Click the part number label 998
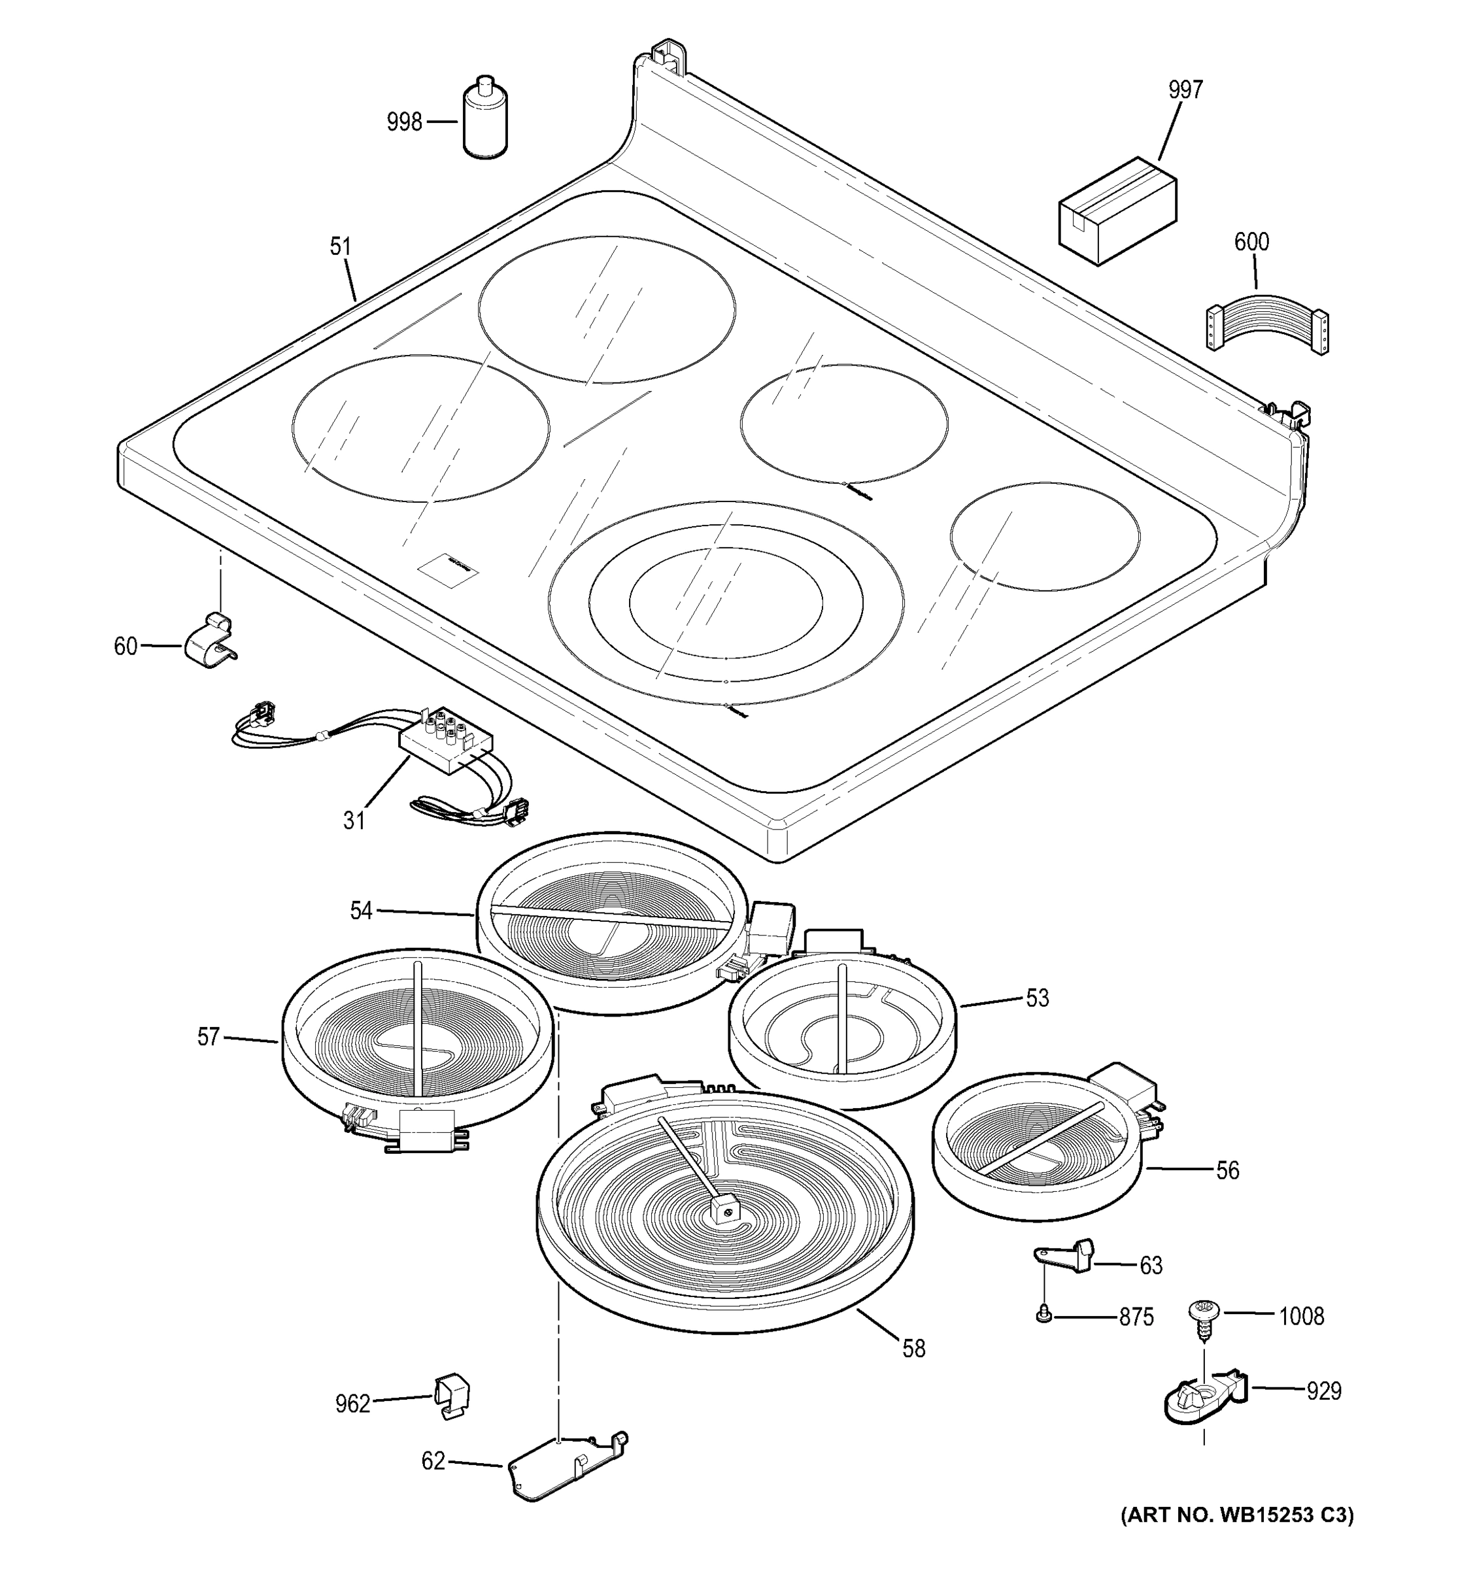[x=404, y=122]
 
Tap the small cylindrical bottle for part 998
[x=484, y=120]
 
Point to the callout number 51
[x=340, y=247]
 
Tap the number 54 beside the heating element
[x=361, y=911]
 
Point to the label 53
[x=1037, y=998]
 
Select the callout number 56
[x=1227, y=1170]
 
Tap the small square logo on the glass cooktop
[x=449, y=568]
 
